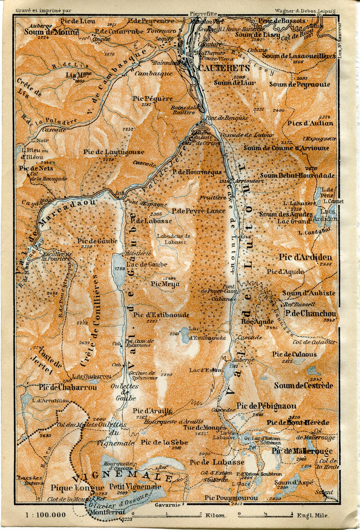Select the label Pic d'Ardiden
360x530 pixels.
pyautogui.click(x=305, y=257)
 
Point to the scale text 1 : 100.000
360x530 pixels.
pyautogui.click(x=46, y=515)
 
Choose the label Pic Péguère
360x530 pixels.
pyautogui.click(x=153, y=98)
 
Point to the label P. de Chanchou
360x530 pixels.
pyautogui.click(x=310, y=313)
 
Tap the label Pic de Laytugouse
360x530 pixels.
pyautogui.click(x=114, y=152)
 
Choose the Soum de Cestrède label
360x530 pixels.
pyautogui.click(x=303, y=386)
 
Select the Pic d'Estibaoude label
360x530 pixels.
pyautogui.click(x=161, y=314)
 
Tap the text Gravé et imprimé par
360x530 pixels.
pyautogui.click(x=43, y=10)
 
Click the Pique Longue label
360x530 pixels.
pyautogui.click(x=72, y=488)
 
